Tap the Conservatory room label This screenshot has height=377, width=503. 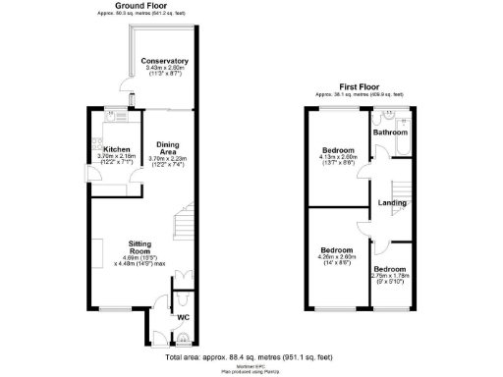coord(165,61)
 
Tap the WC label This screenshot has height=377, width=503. coord(184,318)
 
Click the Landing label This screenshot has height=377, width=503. coord(393,203)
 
